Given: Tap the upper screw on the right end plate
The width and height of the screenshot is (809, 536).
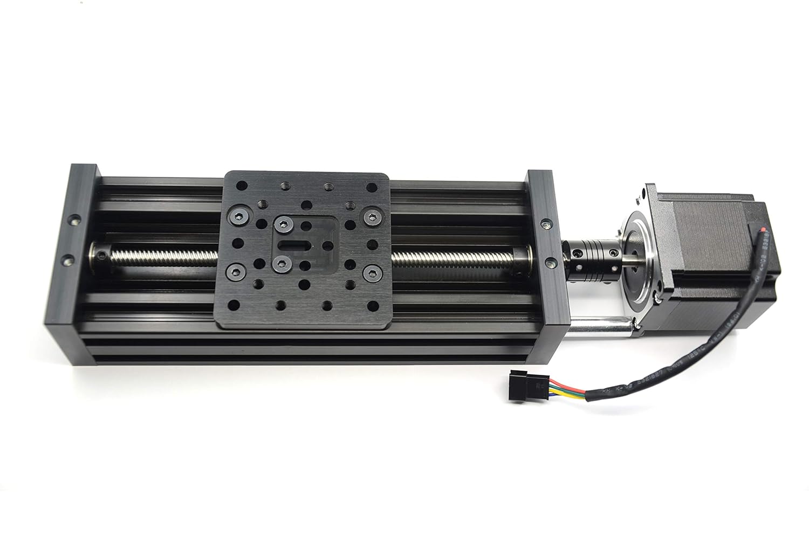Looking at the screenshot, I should click(x=545, y=222).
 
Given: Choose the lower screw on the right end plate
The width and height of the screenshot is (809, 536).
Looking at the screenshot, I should click(x=550, y=262).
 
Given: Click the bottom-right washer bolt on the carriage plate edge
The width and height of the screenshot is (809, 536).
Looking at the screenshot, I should click(x=371, y=271).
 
